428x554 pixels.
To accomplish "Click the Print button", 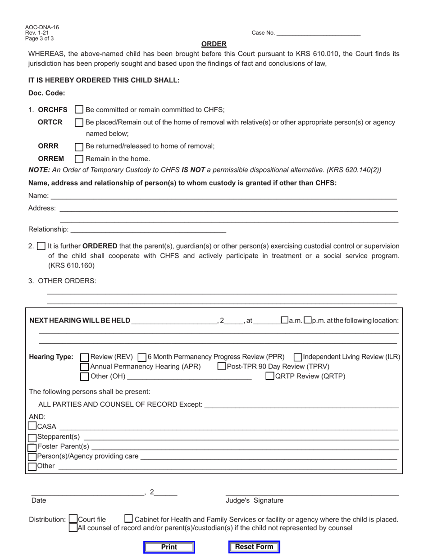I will coord(169,547).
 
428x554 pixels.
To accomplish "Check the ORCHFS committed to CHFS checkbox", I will coord(79,109).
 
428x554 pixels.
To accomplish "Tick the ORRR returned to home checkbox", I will coord(79,146).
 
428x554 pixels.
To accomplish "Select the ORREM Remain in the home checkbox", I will coord(79,159).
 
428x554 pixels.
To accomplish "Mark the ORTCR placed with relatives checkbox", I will coord(79,123).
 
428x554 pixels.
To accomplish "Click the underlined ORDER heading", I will coord(214,44).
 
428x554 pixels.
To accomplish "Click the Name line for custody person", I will coord(223,195).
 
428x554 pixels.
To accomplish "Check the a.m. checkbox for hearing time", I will coord(284,320).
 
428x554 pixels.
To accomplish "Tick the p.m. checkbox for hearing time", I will coord(307,320).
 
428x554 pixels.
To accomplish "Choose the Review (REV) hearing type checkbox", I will coord(84,357).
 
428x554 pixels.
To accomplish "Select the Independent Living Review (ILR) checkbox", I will coord(298,357).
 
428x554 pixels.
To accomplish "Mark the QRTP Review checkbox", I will coord(269,376).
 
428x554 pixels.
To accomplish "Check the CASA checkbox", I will coord(32,426).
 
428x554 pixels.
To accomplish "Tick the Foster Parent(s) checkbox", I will coord(32,447).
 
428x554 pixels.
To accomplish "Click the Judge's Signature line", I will coord(312,492).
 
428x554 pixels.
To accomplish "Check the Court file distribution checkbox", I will coord(73,519).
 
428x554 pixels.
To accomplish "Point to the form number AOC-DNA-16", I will coord(42,27).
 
